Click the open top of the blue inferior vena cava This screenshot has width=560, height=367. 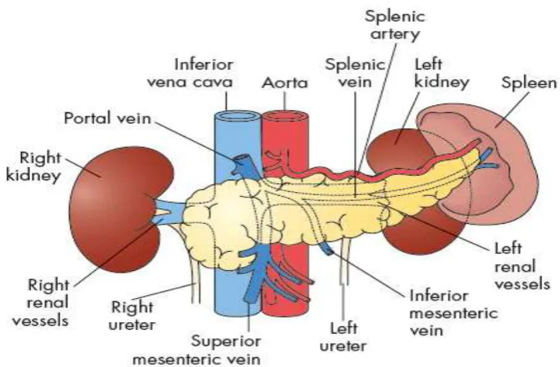(237, 116)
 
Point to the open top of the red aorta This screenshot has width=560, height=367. (285, 116)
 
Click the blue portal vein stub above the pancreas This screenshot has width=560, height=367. (243, 163)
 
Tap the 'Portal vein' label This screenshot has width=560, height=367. (108, 118)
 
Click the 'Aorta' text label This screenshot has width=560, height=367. (284, 83)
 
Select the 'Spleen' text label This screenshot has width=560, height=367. (529, 84)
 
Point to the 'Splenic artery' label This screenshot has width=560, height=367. (395, 26)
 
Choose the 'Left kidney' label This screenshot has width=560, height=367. (441, 74)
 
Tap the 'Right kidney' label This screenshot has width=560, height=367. (33, 166)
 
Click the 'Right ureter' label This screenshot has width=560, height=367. (132, 316)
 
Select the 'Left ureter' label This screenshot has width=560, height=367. (343, 337)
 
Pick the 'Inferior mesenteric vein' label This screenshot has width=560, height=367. (453, 313)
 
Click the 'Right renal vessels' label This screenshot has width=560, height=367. (40, 303)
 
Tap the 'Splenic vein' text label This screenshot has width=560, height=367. (355, 74)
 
